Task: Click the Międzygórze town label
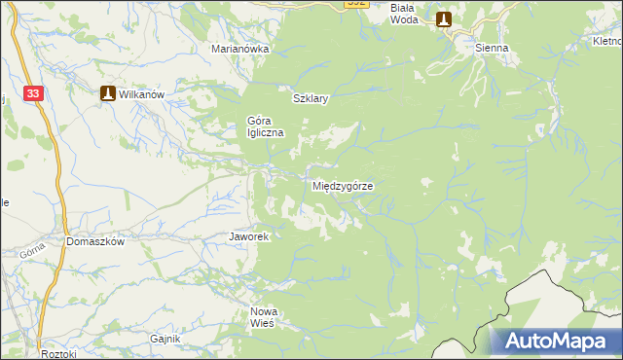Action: (x=344, y=185)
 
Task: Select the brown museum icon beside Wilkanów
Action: (x=108, y=93)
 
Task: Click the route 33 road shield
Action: (x=34, y=92)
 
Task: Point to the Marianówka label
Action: (x=240, y=48)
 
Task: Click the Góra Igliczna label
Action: (x=265, y=126)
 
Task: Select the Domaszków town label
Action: (x=95, y=241)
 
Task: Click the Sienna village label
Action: (x=492, y=47)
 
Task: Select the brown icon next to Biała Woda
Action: (x=444, y=18)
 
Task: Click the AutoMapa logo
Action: (x=555, y=341)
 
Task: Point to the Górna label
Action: (x=32, y=251)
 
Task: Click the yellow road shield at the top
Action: (x=357, y=4)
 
